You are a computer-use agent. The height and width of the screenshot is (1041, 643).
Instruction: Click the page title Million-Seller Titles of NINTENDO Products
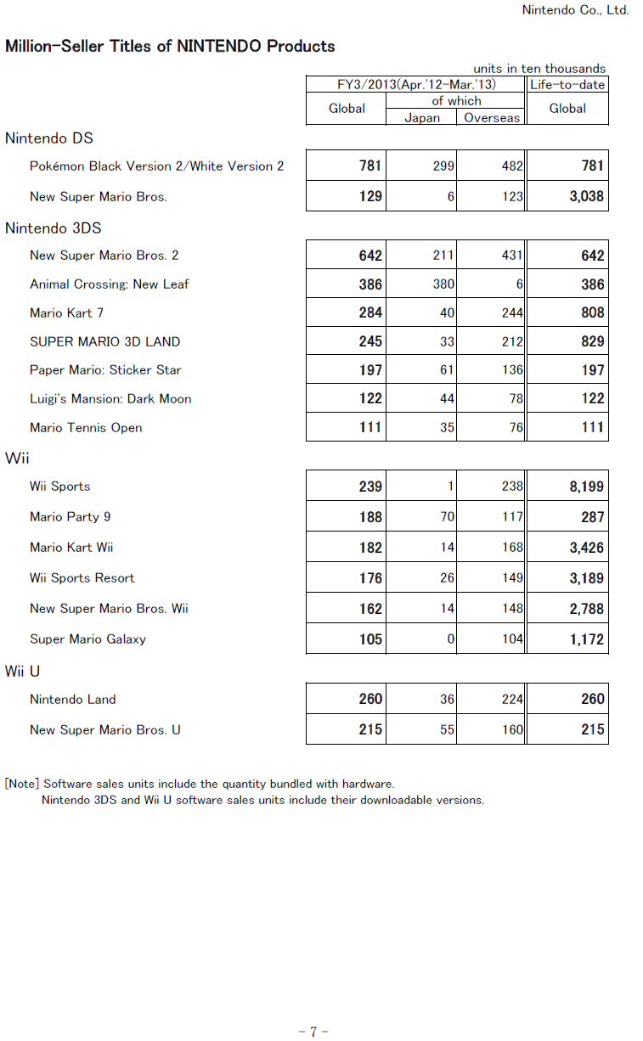pos(170,47)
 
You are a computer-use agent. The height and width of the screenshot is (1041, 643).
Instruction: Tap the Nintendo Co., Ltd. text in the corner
pos(575,10)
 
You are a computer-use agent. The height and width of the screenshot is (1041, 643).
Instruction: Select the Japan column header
pos(421,118)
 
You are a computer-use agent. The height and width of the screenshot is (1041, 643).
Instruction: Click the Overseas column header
pos(492,118)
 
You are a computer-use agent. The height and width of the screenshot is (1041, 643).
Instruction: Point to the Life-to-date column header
pos(567,85)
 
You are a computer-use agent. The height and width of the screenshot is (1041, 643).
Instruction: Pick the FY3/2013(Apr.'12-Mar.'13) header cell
pos(416,85)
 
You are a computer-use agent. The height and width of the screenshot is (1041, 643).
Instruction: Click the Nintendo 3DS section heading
pos(54,228)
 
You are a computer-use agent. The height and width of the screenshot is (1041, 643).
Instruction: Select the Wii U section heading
pos(23,672)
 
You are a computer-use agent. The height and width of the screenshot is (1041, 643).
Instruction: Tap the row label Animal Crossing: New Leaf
pos(109,284)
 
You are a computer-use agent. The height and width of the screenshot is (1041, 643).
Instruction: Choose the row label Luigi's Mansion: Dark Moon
pos(110,399)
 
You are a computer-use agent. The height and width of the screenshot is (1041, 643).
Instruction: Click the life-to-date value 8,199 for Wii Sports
pos(587,487)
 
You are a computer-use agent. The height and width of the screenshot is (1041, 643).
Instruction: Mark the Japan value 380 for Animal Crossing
pos(443,284)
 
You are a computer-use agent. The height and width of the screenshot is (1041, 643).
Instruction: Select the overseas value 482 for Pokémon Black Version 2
pos(512,166)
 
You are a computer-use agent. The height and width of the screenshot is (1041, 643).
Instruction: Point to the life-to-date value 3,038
pos(587,197)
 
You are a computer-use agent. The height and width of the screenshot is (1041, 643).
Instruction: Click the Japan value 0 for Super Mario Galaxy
pos(451,639)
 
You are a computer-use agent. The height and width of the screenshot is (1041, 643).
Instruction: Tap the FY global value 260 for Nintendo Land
pos(370,700)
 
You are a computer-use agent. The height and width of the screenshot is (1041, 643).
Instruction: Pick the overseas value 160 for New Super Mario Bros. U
pos(512,730)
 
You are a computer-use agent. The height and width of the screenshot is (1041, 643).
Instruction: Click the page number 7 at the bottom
pos(313,1032)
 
